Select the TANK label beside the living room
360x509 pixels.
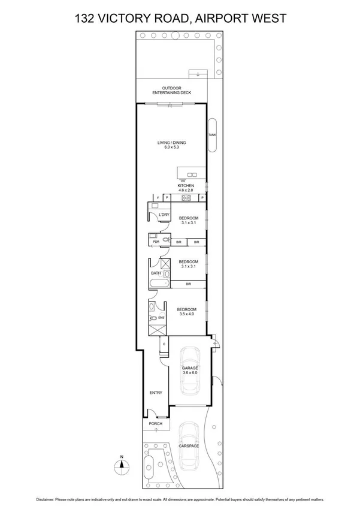pyautogui.click(x=211, y=135)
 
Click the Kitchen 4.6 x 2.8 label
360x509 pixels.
pyautogui.click(x=186, y=188)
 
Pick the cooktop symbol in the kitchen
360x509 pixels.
pyautogui.click(x=186, y=197)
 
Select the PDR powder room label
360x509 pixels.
pyautogui.click(x=156, y=242)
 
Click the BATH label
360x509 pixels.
pyautogui.click(x=156, y=273)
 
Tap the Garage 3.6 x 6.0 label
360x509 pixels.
pyautogui.click(x=189, y=370)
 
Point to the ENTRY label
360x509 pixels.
pyautogui.click(x=156, y=393)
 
